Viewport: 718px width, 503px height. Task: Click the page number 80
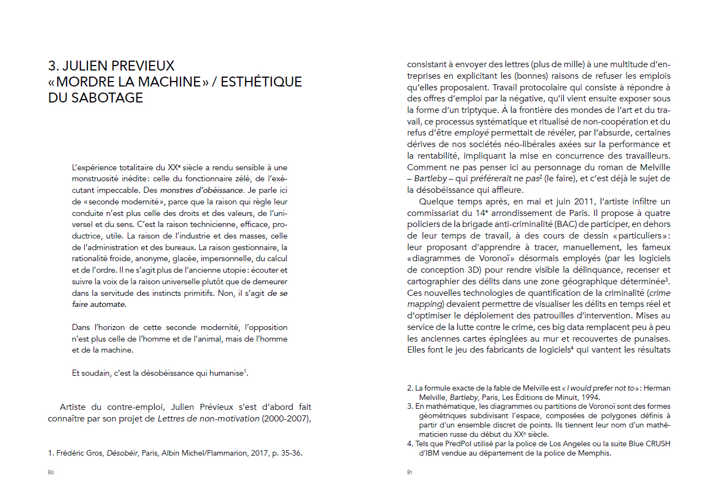click(51, 472)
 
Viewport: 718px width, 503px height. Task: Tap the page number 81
click(410, 472)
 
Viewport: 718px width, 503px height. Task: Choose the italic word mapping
click(424, 304)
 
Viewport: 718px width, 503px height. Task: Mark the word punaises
click(648, 338)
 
